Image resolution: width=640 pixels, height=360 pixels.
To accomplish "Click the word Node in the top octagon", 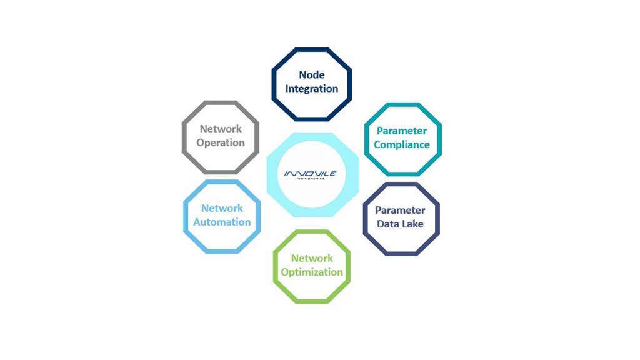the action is (312, 75).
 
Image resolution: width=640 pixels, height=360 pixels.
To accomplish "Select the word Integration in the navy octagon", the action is (312, 89).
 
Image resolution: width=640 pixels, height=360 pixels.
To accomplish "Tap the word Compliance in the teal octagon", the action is (402, 144).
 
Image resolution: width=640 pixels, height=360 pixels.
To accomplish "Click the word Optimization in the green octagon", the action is (312, 272).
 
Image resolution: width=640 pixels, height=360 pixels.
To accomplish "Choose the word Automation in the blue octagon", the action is (222, 222).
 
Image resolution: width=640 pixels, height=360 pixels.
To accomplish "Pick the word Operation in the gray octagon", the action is (221, 143).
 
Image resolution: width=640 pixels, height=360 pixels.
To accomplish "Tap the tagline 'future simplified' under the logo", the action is (310, 179).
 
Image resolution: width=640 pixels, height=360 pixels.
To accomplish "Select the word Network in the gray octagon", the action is (221, 129).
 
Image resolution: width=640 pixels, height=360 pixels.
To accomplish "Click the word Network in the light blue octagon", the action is (222, 208).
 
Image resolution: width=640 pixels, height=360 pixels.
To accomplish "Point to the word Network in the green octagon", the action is (312, 258).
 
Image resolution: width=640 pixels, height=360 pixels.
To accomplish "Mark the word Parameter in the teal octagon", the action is (402, 131).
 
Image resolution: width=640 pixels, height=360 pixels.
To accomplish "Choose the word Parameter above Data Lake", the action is (401, 210).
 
